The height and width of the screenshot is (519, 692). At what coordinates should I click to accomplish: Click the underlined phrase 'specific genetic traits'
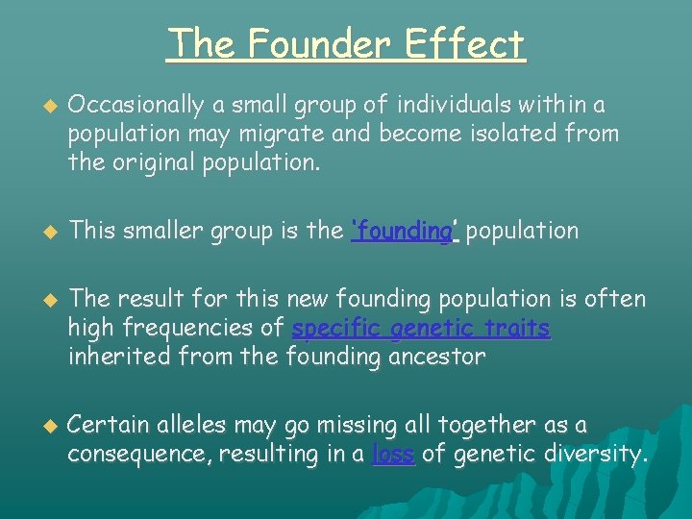tap(421, 329)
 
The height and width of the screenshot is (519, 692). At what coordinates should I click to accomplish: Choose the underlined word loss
tap(393, 454)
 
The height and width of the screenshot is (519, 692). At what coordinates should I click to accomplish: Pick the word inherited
tap(111, 358)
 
